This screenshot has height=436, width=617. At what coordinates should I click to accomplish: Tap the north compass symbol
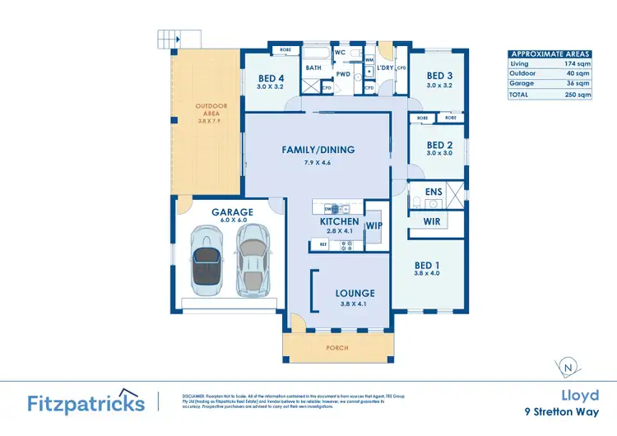pos(568,367)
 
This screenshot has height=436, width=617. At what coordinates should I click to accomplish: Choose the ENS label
pos(434,192)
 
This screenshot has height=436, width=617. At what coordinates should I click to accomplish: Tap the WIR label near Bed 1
pos(433,222)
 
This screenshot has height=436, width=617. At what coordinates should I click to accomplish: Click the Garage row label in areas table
pos(522,83)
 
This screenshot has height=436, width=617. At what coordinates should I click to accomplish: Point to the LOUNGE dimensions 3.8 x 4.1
pos(355,303)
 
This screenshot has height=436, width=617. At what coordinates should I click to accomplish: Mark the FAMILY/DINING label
pos(318,150)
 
